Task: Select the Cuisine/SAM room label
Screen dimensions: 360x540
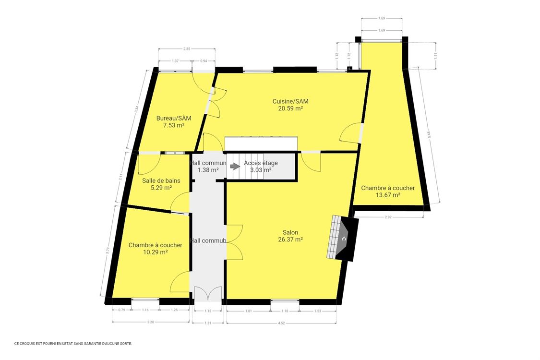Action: pos(290,101)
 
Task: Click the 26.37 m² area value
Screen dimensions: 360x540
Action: pos(290,240)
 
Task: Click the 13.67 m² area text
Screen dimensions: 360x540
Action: pos(388,195)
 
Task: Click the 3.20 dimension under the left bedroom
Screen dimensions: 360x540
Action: pos(151,322)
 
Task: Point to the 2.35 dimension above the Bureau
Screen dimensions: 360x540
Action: pos(187,48)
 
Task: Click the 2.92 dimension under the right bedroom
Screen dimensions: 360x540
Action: pos(389,217)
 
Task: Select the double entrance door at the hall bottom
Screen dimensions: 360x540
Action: pos(208,294)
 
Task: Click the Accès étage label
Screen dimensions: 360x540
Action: pos(261,163)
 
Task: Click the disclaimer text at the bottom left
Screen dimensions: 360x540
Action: pos(73,343)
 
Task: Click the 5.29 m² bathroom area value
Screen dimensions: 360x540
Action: pos(161,188)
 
